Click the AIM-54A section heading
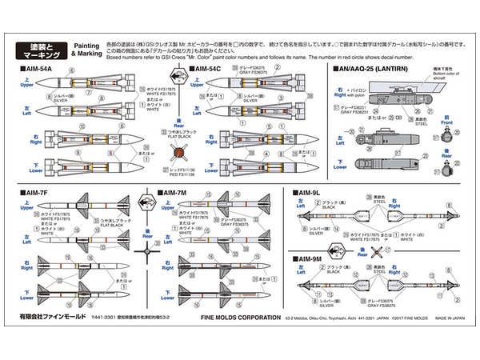[36, 70]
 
